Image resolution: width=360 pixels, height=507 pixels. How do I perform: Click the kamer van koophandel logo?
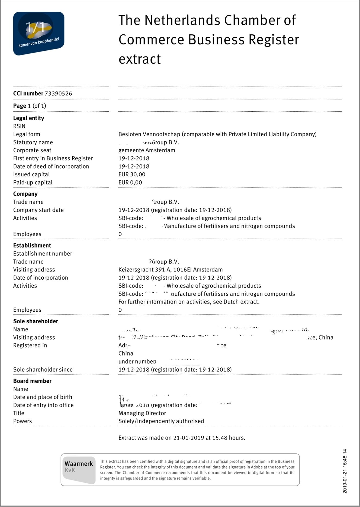point(38,33)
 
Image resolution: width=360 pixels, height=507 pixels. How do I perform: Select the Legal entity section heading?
point(28,118)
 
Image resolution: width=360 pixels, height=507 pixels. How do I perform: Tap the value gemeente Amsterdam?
point(147,150)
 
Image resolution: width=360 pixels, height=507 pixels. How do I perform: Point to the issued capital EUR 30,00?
point(132,174)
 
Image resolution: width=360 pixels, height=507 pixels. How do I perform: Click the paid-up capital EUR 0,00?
point(130,182)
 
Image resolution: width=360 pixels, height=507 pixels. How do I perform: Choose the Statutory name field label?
point(33,142)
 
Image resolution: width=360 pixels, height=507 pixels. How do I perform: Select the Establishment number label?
point(43,253)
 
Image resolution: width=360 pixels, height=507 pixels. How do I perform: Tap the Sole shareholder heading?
point(36,321)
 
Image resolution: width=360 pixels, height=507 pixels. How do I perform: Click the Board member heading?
point(32,381)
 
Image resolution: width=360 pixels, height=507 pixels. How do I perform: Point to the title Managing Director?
point(142,413)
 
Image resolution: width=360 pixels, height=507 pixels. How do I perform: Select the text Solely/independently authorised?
point(161,421)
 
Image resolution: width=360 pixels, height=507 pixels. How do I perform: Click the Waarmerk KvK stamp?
point(79,470)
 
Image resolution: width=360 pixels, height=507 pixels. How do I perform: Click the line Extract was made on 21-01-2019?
point(182,438)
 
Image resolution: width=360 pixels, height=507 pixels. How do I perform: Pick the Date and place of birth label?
point(43,397)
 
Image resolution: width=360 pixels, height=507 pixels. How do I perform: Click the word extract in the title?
point(140,59)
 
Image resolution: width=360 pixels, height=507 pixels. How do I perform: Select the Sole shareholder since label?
point(43,370)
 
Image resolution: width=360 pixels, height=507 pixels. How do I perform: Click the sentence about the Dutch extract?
point(189,302)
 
